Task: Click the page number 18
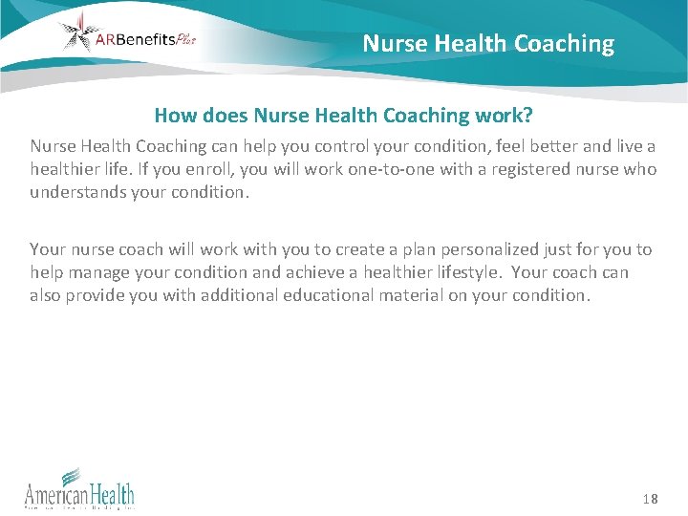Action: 650,498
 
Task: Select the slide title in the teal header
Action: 488,44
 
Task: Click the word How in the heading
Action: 175,116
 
